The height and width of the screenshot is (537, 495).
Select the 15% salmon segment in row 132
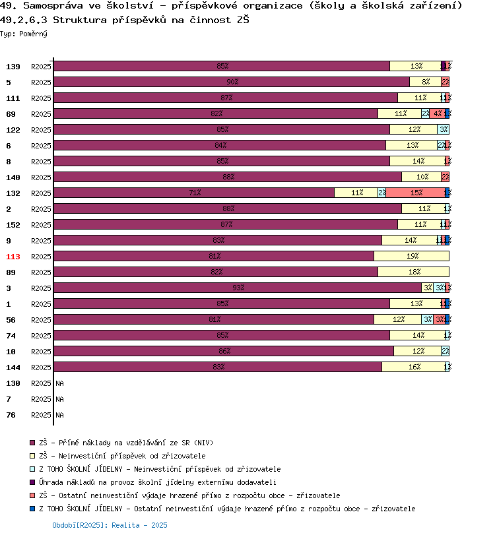tap(416, 193)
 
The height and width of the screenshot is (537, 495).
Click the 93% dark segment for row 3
tap(238, 288)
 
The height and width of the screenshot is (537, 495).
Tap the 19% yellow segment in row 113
tap(412, 257)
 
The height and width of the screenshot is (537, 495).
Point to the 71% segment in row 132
tap(194, 193)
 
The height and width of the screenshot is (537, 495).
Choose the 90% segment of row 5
tap(232, 82)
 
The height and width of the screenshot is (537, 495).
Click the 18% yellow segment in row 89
tap(414, 272)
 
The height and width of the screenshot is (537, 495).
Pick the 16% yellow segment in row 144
tap(414, 367)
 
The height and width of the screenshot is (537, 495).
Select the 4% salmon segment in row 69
tap(438, 114)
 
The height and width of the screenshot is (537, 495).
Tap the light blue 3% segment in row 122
tap(444, 130)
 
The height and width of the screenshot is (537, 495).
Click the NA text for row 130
tap(59, 383)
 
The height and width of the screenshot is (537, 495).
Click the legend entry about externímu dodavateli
tap(157, 482)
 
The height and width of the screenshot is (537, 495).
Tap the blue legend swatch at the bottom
tap(32, 509)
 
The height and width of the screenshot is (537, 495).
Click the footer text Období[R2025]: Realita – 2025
tap(110, 525)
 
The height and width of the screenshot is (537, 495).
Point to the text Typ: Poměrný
tap(24, 34)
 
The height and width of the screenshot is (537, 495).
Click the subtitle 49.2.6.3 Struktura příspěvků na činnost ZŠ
tap(124, 20)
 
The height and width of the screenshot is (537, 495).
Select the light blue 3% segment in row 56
tap(428, 320)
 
